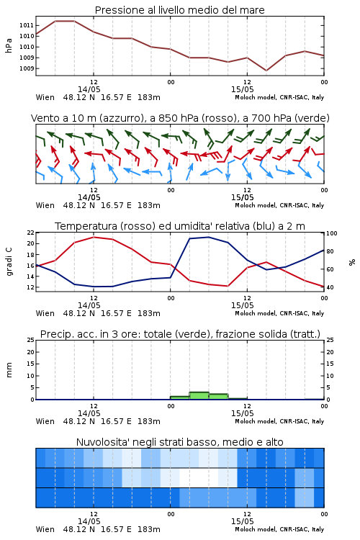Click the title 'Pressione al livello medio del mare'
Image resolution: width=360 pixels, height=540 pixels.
[179, 10]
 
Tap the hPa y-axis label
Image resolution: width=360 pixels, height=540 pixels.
[9, 45]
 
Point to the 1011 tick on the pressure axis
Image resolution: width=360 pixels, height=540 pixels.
[27, 25]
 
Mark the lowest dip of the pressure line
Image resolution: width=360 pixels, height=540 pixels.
[266, 71]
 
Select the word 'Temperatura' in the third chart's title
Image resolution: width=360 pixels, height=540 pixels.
[86, 226]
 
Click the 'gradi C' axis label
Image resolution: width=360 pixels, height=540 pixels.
[9, 262]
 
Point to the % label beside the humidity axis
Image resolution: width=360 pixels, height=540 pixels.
[352, 262]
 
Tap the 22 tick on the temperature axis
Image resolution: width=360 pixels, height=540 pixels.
[31, 233]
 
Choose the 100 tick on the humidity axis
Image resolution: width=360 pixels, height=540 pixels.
[331, 233]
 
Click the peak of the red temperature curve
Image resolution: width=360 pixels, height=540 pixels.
[94, 238]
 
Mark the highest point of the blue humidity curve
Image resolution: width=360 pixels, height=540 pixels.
[208, 237]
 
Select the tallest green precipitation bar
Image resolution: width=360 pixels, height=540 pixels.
[199, 396]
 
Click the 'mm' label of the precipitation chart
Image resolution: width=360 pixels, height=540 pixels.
[9, 370]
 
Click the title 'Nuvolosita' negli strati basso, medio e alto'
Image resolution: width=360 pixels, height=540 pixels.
[179, 442]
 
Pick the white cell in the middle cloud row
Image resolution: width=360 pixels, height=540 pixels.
[199, 477]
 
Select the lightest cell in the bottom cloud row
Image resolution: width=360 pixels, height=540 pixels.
[304, 498]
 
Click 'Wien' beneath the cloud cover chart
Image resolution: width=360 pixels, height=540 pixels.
[45, 529]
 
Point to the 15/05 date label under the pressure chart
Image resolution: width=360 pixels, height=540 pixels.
[242, 89]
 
